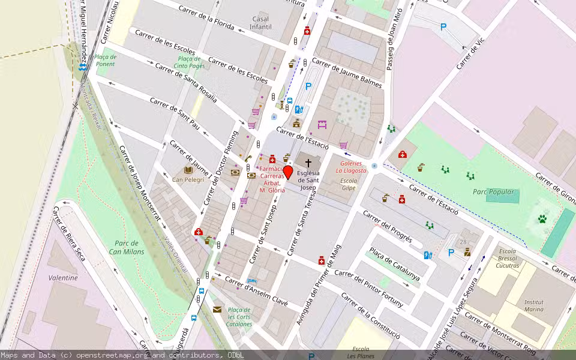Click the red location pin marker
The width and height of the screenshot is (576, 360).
pyautogui.click(x=287, y=173)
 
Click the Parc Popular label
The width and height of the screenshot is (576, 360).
pyautogui.click(x=494, y=192)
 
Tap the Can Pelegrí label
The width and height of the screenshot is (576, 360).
pyautogui.click(x=188, y=179)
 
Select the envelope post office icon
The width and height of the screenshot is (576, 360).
pyautogui.click(x=217, y=309)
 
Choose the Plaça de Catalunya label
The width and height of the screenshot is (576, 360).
pyautogui.click(x=394, y=265)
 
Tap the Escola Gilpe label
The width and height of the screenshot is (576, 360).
pyautogui.click(x=348, y=184)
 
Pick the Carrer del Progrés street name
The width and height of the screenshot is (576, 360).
pyautogui.click(x=388, y=226)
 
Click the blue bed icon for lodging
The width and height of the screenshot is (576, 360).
pyautogui.click(x=253, y=280)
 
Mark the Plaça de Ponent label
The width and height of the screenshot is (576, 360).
pyautogui.click(x=106, y=60)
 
